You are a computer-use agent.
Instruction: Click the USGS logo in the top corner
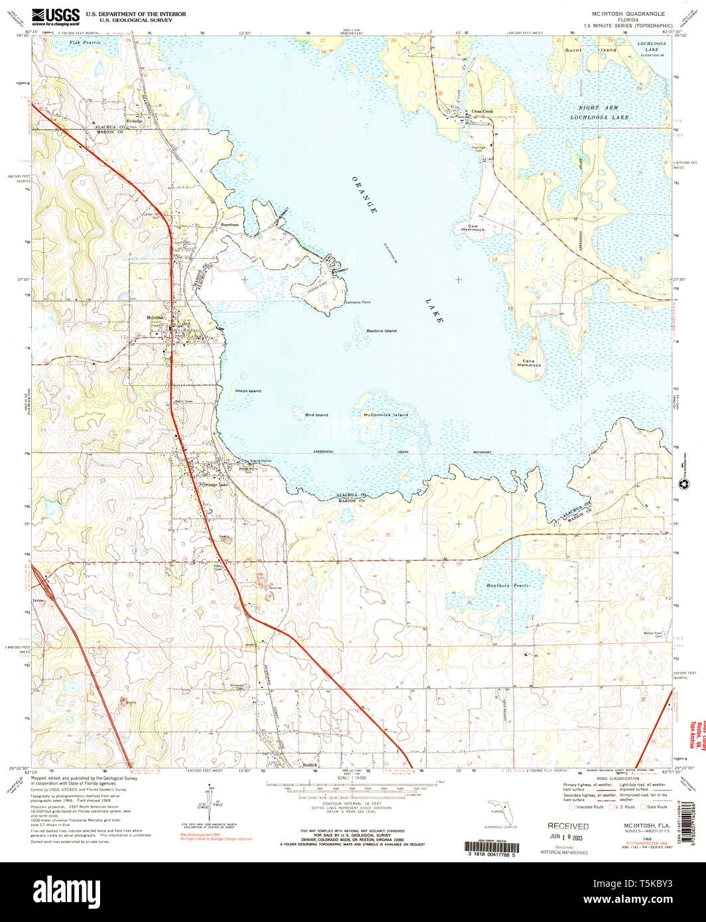pos(56,15)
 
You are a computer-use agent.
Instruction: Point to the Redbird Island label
pos(381,330)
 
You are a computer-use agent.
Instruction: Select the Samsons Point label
pos(358,302)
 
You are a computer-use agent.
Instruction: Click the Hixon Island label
pos(249,391)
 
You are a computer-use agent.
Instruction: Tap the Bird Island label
pos(316,415)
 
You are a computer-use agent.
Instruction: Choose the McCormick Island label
pos(386,415)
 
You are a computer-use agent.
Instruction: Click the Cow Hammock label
pos(473,228)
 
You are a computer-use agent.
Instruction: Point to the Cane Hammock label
pos(529,363)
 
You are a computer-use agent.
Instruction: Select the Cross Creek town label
pos(482,111)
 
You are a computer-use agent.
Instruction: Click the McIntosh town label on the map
pos(155,318)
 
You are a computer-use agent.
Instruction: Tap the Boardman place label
pos(230,225)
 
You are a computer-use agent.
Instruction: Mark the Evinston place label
pos(135,121)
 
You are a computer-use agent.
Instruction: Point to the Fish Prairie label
pos(84,42)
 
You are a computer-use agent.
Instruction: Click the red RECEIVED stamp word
pos(567,826)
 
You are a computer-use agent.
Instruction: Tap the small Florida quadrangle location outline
pos(500,812)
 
